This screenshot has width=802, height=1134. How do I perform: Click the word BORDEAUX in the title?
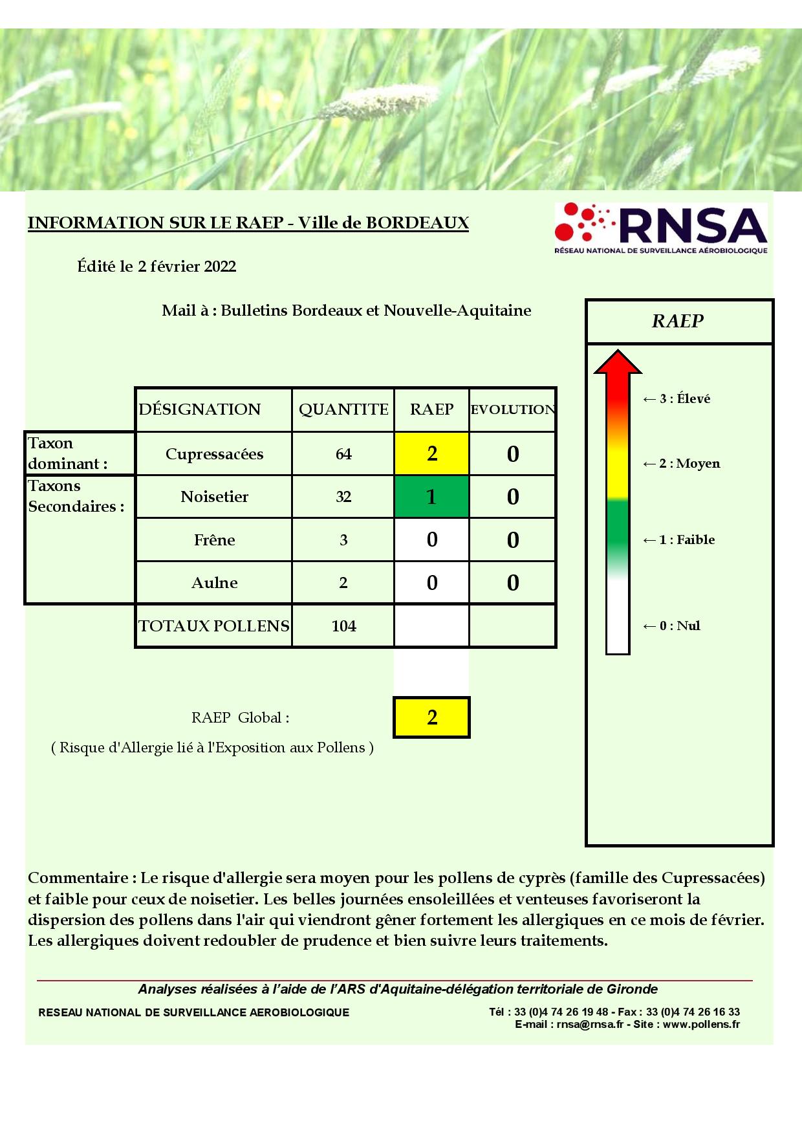click(x=417, y=223)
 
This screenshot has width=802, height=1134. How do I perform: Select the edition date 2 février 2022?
click(x=187, y=267)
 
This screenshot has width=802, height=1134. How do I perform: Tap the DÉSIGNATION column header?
click(x=200, y=409)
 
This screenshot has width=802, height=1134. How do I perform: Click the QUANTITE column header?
click(x=343, y=409)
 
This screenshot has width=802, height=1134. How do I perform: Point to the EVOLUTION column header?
click(x=512, y=409)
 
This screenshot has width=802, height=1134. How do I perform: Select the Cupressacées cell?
click(x=214, y=454)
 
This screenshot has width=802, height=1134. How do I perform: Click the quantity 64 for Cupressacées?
click(x=343, y=454)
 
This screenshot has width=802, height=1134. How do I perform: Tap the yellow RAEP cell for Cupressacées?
click(x=432, y=453)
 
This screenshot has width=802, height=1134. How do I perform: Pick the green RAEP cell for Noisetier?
click(x=432, y=497)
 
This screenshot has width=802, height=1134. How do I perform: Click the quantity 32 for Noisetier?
click(x=343, y=497)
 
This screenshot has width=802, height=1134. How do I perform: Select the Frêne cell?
click(x=214, y=540)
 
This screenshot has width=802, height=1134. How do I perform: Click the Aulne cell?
click(x=214, y=583)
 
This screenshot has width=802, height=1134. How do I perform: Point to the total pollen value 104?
click(x=343, y=626)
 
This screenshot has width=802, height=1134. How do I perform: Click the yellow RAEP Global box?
click(x=432, y=717)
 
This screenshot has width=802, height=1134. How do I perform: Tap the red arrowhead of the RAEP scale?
click(x=618, y=364)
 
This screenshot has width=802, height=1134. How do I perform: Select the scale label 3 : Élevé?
click(x=677, y=399)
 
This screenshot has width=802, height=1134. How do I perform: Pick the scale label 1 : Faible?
click(x=678, y=540)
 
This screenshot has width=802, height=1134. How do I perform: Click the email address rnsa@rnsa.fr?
click(x=590, y=1025)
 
